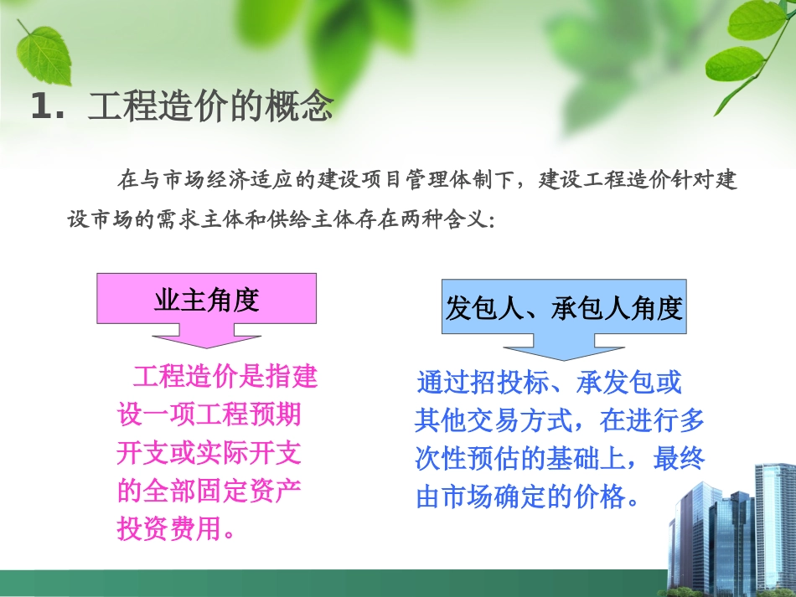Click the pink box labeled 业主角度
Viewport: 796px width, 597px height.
coord(206,300)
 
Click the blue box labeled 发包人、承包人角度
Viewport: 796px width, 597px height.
coord(564,309)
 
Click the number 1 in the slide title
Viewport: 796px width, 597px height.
coord(41,108)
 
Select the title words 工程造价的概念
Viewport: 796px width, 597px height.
coord(210,107)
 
